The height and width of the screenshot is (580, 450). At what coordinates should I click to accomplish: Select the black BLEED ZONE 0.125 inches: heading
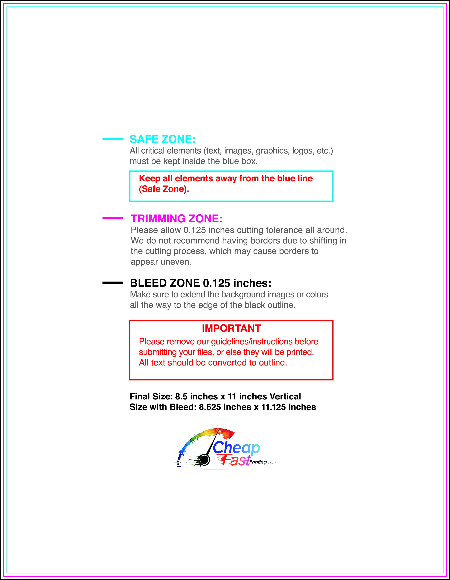point(200,283)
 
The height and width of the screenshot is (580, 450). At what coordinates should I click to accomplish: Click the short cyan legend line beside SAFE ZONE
point(113,139)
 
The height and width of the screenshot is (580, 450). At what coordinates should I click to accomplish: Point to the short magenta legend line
point(113,218)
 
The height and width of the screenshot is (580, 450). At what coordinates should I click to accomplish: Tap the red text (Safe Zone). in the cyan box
point(164,189)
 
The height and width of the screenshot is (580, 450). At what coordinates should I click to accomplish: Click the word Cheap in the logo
point(236,448)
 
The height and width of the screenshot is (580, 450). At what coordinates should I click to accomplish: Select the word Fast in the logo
point(236,460)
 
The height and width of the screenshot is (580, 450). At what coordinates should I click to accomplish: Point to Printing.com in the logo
point(262,462)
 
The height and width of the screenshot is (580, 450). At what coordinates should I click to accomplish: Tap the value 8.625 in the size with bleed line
point(210,407)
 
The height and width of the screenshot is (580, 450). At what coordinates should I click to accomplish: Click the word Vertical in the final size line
point(285,396)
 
